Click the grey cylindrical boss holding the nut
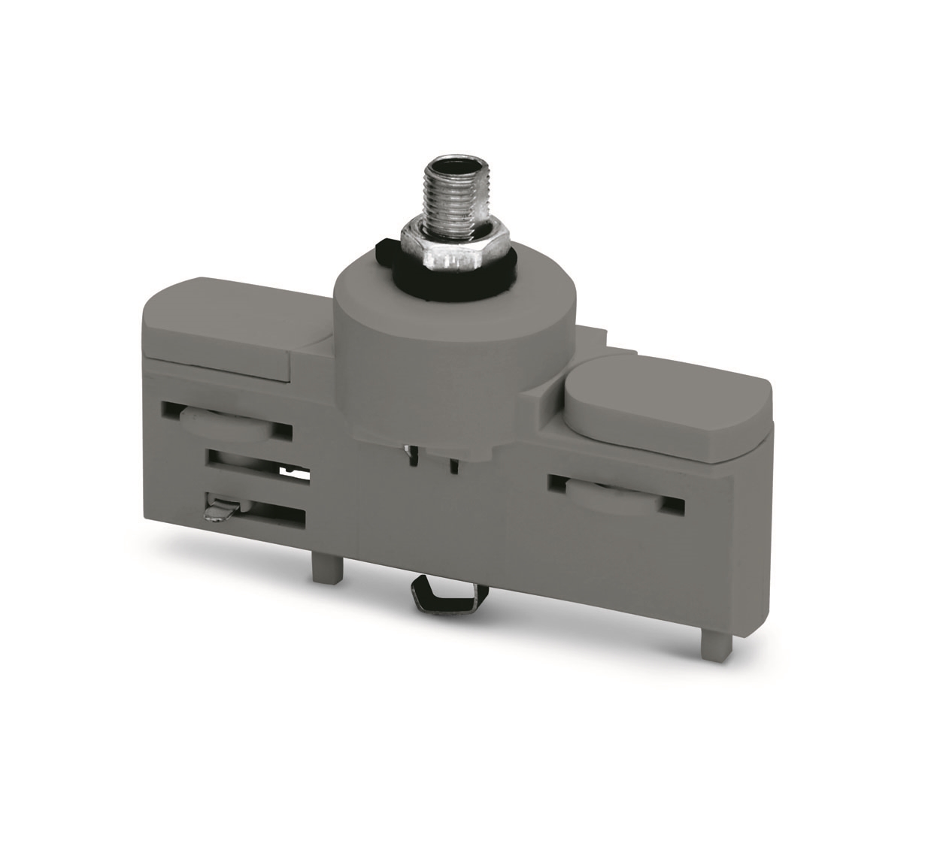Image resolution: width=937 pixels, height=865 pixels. (456, 353)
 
